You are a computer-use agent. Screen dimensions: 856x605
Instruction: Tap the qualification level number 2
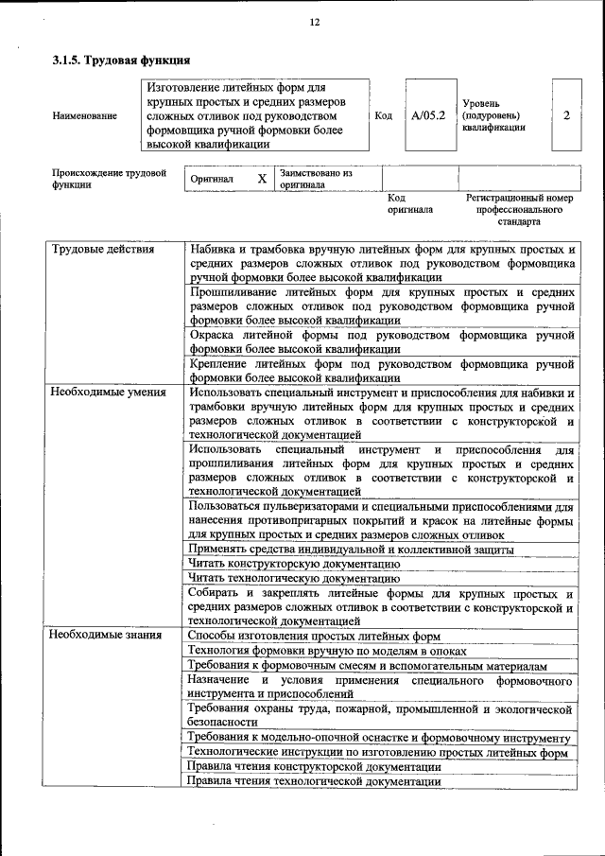click(x=565, y=115)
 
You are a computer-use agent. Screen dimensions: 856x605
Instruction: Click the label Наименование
click(x=85, y=115)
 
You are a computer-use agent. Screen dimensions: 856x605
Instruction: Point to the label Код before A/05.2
click(x=383, y=115)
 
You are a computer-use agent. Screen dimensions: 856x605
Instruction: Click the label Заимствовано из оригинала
click(x=316, y=179)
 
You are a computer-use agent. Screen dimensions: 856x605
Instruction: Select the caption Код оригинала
click(x=409, y=203)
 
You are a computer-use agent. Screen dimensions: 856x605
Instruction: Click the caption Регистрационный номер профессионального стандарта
click(x=519, y=209)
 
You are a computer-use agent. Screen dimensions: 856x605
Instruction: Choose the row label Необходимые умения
click(x=108, y=392)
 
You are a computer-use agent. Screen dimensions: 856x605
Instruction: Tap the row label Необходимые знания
click(x=105, y=635)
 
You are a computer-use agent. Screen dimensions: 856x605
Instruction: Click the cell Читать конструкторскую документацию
click(x=294, y=564)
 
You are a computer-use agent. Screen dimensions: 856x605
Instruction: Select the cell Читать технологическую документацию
click(x=293, y=579)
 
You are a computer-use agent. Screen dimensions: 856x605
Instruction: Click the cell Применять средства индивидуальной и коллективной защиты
click(x=351, y=549)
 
